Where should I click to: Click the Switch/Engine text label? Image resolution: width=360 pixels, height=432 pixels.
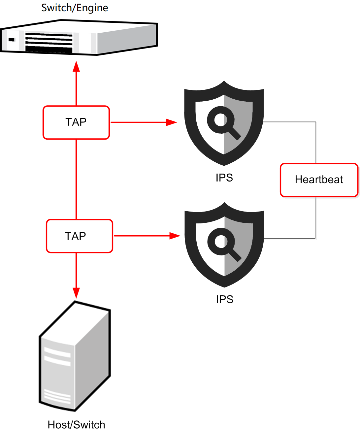pos(75,8)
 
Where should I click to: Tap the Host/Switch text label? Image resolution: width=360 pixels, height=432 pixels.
pos(76,424)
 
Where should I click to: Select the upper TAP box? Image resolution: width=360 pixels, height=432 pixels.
pos(76,122)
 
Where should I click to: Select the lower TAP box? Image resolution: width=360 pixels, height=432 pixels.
pos(80,236)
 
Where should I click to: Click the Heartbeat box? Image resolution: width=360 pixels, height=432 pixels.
pos(319,180)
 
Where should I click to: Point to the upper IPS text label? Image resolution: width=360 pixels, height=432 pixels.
pos(224,178)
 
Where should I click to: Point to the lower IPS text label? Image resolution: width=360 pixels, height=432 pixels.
pos(224,299)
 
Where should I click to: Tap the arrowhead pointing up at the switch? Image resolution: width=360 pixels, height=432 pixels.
pos(76,66)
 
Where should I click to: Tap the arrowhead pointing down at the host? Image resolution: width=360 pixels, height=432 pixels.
pos(76,293)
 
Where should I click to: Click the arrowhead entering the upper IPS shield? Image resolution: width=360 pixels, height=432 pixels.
pos(171,122)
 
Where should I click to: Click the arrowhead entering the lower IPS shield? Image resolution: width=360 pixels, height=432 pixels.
pos(175,236)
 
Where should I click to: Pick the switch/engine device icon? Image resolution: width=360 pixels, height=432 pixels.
pos(79,38)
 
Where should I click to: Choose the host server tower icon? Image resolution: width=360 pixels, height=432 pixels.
pos(75,356)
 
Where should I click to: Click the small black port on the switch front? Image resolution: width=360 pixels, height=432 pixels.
pos(12,40)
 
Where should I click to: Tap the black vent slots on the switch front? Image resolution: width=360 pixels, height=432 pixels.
pos(49,42)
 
